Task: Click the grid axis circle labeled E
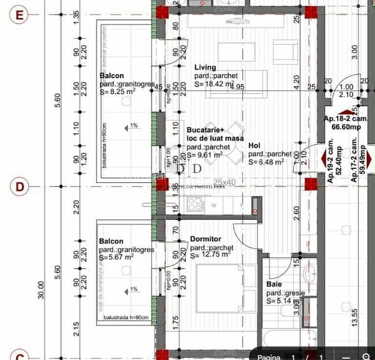tap(20, 15)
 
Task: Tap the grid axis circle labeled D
tap(20, 187)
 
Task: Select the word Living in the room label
tap(205, 67)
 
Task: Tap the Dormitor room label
tap(206, 240)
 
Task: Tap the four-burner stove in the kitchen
tap(195, 205)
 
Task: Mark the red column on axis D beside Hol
tap(311, 185)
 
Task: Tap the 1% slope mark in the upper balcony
tap(134, 125)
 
